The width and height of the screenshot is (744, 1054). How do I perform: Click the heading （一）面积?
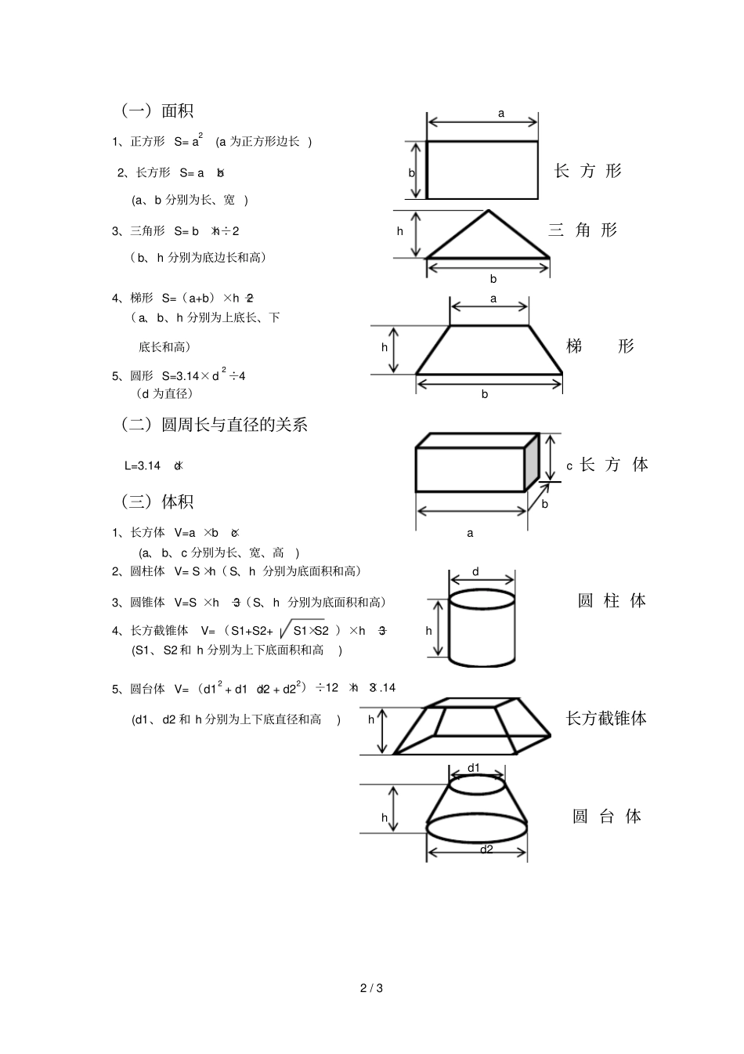157,110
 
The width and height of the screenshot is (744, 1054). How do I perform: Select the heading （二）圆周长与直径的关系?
213,425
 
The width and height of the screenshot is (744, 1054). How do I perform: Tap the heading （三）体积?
157,502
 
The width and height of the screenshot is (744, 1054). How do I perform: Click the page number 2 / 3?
371,987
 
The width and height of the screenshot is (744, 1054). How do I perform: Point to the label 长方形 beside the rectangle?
587,171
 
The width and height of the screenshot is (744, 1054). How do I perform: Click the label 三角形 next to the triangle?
583,230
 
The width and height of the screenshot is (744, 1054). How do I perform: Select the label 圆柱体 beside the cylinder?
612,601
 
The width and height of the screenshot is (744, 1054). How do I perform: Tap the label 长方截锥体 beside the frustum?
606,719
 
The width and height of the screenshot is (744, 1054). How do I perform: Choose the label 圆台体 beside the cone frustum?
607,817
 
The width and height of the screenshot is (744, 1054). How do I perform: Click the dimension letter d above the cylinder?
475,572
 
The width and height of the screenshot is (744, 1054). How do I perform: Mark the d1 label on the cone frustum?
474,768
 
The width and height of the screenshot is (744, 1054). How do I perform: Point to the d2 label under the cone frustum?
486,849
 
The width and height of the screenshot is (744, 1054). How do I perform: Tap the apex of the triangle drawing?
488,211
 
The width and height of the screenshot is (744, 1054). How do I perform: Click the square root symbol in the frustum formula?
284,632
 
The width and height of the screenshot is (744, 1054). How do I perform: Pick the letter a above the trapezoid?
493,299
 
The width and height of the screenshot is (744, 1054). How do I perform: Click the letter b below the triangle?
493,279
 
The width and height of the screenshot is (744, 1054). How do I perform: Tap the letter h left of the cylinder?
428,630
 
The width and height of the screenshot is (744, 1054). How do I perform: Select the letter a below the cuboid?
470,533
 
